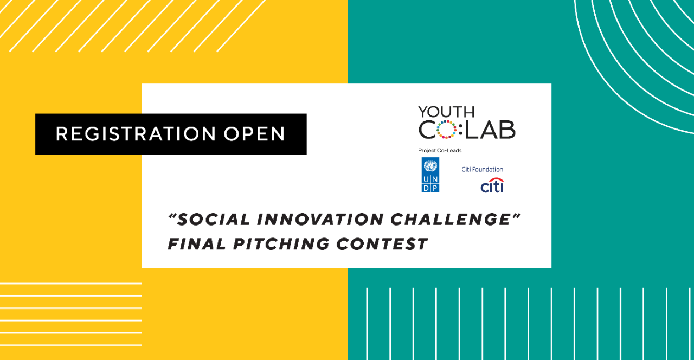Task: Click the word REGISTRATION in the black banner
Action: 136,134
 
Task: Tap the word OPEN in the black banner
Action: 254,134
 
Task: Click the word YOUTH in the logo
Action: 446,112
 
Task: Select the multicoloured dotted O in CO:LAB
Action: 446,130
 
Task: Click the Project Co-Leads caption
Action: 440,151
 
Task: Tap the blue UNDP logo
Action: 430,175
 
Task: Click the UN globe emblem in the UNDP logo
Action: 430,166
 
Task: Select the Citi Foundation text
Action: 483,170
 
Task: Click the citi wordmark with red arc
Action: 492,185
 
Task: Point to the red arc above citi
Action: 496,179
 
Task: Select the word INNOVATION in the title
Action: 320,220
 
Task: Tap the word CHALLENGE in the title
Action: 451,220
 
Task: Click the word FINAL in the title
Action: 197,244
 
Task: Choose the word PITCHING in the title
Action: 281,244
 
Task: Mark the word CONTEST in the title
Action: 382,244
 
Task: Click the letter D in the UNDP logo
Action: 426,188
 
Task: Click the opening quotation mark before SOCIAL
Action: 172,216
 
